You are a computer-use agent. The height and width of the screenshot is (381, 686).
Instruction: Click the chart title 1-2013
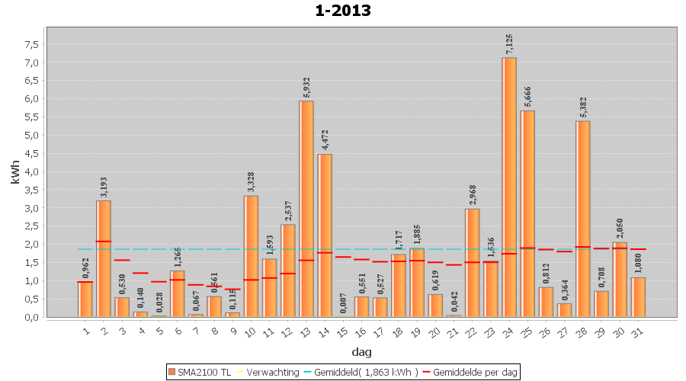point(343,11)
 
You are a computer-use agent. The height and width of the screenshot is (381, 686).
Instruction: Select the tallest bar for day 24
point(509,187)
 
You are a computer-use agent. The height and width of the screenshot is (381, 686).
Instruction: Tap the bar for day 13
point(306,209)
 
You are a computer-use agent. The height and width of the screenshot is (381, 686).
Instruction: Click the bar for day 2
point(104,259)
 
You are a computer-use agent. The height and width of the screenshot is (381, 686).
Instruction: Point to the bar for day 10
point(251,256)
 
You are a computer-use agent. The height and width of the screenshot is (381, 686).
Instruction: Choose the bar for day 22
point(473,263)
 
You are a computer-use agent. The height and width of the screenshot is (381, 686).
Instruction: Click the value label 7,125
point(509,43)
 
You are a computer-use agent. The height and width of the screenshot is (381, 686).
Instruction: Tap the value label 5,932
point(306,86)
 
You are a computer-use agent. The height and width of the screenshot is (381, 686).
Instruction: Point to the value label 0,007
point(343,303)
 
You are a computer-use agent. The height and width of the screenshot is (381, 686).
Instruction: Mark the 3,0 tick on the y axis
point(32,208)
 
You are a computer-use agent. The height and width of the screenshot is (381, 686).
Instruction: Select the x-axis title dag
point(361,351)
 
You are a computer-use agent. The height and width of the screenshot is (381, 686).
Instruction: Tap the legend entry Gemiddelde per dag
point(473,372)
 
